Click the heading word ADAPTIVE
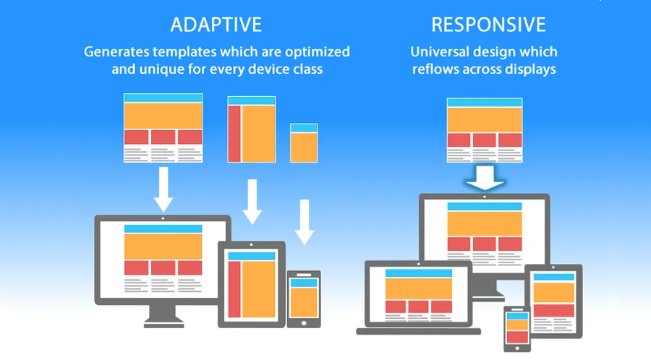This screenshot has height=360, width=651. tap(216, 25)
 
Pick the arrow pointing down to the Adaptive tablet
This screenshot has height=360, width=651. tap(252, 202)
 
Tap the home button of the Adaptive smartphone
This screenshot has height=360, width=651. tap(304, 322)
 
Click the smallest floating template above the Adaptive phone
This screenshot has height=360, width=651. tap(304, 143)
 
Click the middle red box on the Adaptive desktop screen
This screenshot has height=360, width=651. tap(163, 268)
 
